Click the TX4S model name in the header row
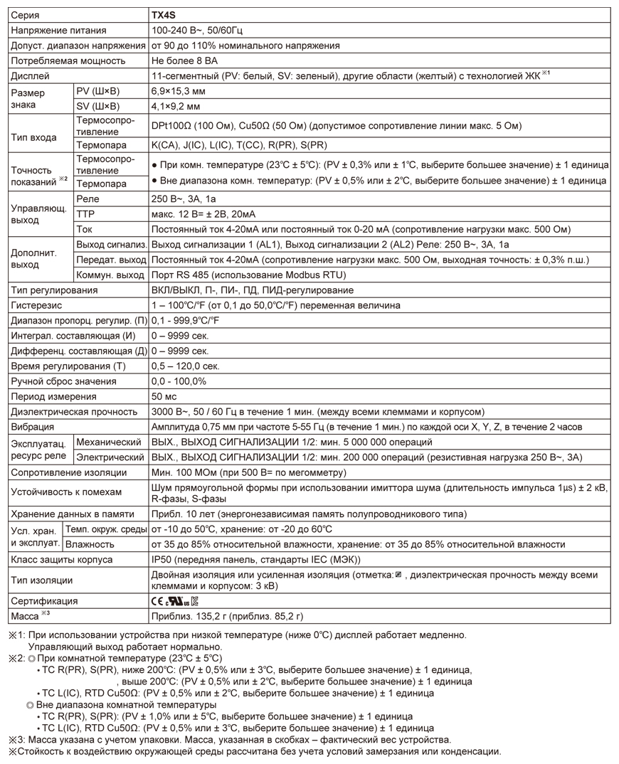[x=164, y=15]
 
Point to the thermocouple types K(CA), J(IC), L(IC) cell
[x=239, y=145]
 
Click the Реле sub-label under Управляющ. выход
[x=88, y=199]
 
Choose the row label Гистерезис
[x=36, y=305]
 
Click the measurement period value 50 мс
[x=164, y=396]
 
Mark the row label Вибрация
[x=32, y=427]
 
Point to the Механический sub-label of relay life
[x=108, y=442]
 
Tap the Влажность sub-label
[x=90, y=544]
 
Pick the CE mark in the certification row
[x=158, y=601]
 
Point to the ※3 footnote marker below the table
[x=16, y=739]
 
